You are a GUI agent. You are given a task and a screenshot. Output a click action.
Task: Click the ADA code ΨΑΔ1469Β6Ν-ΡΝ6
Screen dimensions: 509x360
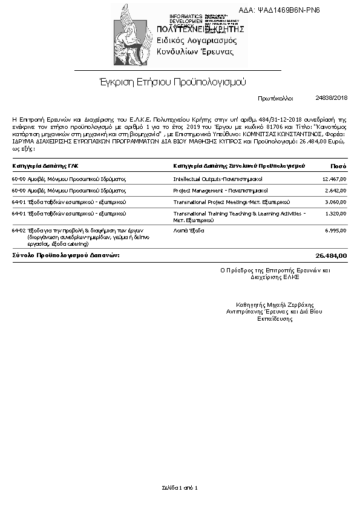coord(288,10)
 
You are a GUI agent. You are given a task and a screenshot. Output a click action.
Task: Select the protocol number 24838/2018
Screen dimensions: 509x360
coord(332,97)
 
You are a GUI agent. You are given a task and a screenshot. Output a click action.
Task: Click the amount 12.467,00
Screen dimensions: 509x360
coord(334,179)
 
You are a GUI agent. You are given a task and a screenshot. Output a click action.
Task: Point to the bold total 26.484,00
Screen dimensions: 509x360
coord(332,255)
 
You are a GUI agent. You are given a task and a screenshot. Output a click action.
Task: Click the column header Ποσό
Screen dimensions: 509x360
coord(338,165)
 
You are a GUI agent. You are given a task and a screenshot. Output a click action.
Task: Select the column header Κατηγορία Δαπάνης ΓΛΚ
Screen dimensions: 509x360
coord(45,165)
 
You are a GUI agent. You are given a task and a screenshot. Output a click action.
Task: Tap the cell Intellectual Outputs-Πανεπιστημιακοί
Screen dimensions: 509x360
coord(217,179)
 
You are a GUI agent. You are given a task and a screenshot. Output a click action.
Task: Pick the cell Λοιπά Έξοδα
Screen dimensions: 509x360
coord(189,231)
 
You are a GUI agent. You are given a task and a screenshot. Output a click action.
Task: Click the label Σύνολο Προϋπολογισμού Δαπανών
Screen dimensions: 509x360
coord(66,255)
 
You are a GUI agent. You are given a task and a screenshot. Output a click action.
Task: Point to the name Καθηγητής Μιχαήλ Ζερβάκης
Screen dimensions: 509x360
coord(274,304)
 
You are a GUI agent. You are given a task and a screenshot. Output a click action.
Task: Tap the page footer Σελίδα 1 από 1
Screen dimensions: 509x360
coord(180,487)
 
